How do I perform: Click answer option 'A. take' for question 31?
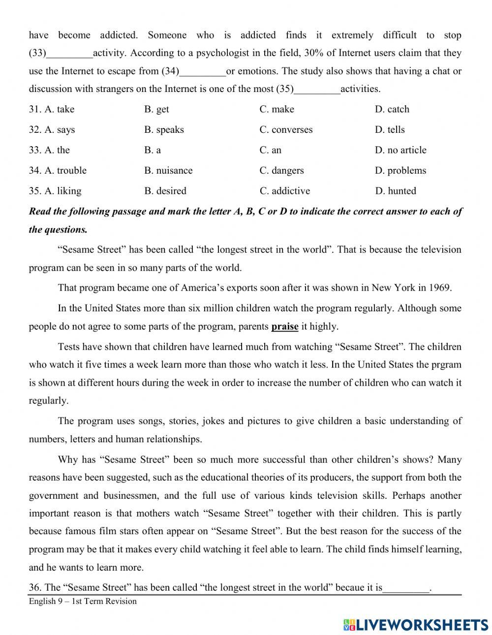52,109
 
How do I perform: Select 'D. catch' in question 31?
392,109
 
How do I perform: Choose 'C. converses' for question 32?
286,130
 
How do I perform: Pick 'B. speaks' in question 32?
164,130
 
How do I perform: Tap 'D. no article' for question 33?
400,150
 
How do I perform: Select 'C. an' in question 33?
271,150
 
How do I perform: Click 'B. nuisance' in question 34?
168,171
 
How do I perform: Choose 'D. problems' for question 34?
400,171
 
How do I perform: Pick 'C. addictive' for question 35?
285,191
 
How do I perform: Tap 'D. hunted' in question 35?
395,191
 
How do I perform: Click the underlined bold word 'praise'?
285,326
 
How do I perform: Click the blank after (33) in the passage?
69,54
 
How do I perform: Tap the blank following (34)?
203,72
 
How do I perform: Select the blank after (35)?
317,90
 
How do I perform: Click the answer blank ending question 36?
406,588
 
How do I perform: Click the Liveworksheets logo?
416,625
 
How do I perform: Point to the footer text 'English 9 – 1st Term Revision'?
83,601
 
